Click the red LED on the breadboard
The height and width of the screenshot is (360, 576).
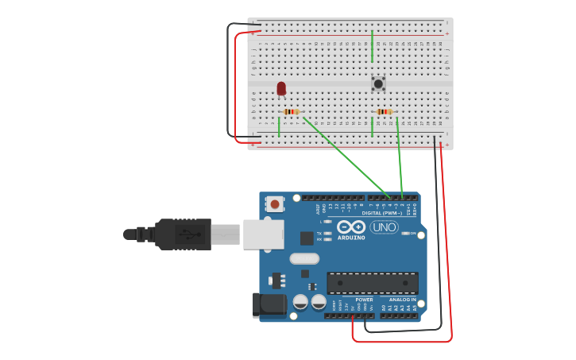click(x=281, y=88)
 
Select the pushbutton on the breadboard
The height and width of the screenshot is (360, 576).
click(x=378, y=83)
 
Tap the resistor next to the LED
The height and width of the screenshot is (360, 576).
click(x=292, y=112)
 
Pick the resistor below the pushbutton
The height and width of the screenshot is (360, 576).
click(x=385, y=112)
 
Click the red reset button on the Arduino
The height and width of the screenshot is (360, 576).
click(x=275, y=204)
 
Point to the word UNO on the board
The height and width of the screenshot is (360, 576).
click(x=385, y=227)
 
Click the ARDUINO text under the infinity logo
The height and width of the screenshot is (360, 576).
click(x=351, y=238)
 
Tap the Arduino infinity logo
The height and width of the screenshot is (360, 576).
click(x=351, y=226)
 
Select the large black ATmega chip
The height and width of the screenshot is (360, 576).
click(x=373, y=283)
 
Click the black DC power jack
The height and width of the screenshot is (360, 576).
click(x=269, y=304)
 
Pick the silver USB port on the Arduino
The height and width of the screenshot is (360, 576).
click(x=263, y=234)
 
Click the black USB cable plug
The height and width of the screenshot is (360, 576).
click(x=183, y=234)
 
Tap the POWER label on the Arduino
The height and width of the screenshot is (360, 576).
click(x=364, y=300)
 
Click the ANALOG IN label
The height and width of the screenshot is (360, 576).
click(x=403, y=300)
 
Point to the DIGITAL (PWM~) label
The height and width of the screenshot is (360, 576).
click(x=382, y=213)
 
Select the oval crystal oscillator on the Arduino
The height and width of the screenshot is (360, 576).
click(x=303, y=258)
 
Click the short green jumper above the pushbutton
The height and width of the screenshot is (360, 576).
click(x=372, y=46)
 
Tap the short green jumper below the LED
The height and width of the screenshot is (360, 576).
click(x=279, y=127)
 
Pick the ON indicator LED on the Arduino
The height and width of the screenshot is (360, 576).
click(x=405, y=234)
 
